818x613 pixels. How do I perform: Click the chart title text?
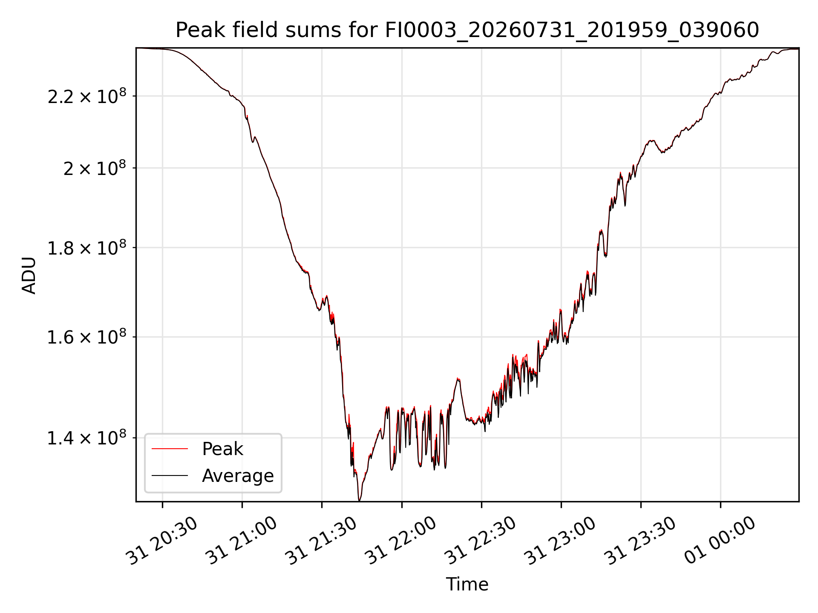click(x=467, y=30)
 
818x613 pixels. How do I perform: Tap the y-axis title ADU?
click(x=29, y=275)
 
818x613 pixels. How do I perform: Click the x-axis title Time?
click(x=467, y=584)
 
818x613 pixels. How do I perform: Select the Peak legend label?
click(x=222, y=449)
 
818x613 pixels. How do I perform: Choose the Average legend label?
click(x=238, y=476)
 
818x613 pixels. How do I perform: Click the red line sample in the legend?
click(x=170, y=449)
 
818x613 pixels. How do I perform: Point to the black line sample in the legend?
click(x=170, y=476)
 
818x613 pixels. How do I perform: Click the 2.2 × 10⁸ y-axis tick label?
click(x=87, y=96)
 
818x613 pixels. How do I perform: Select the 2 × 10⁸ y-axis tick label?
click(x=95, y=168)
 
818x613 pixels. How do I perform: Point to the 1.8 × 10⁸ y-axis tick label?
click(x=87, y=248)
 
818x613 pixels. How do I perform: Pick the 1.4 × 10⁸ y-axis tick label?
click(x=87, y=438)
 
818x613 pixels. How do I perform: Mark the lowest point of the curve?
click(x=359, y=501)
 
